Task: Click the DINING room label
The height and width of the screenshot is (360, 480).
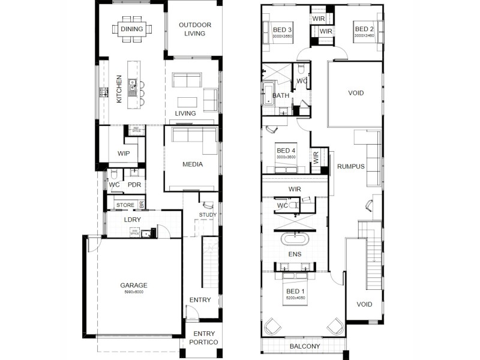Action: (131, 28)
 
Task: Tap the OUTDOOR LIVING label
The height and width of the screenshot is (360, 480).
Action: (195, 29)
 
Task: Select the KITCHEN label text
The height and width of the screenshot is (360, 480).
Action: (119, 88)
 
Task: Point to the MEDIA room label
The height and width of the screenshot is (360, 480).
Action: (193, 164)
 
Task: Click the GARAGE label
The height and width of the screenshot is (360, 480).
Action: (133, 286)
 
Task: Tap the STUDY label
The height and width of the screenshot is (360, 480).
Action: (208, 215)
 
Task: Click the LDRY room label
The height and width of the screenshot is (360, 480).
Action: (132, 220)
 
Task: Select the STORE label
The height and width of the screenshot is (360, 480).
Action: (125, 205)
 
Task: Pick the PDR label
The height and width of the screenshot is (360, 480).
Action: (134, 185)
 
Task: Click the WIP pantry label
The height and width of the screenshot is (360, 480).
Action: (124, 154)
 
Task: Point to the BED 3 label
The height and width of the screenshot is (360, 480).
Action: (282, 29)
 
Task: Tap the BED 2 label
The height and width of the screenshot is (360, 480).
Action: (364, 29)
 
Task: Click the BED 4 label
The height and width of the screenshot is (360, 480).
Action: (286, 149)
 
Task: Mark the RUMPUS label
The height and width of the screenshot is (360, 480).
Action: (351, 166)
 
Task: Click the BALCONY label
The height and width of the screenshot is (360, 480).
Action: (305, 346)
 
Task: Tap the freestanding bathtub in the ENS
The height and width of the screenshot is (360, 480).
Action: (295, 240)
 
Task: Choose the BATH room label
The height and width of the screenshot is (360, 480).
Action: (281, 95)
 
